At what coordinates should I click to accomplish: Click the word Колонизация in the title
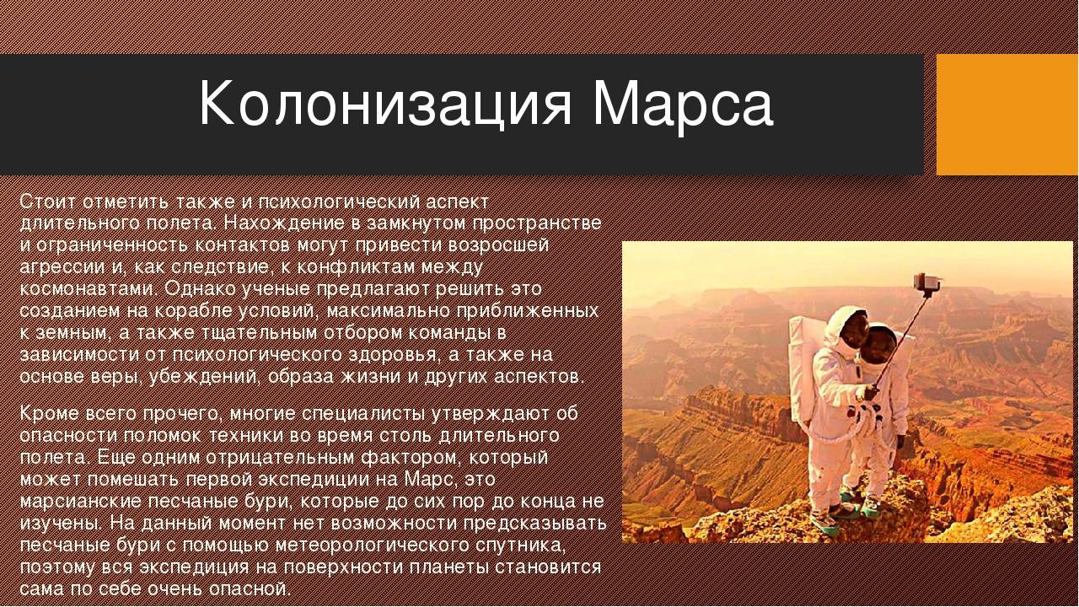385,105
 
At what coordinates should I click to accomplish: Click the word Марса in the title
682,105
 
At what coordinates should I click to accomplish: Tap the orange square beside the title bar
1007,115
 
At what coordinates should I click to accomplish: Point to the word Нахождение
285,223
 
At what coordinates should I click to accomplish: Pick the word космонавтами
89,289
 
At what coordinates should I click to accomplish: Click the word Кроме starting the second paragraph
50,414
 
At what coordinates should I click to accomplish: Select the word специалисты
360,414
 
